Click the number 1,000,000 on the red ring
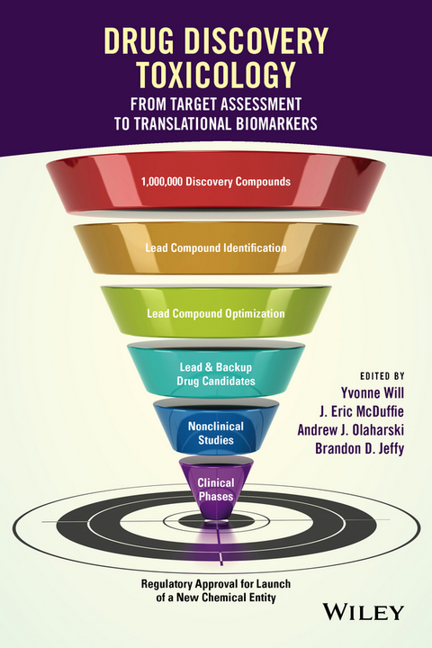coord(166,181)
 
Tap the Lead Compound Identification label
coord(216,247)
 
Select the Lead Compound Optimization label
coord(216,314)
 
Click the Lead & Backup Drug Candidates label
coord(216,374)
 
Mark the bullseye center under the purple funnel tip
coord(216,520)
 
